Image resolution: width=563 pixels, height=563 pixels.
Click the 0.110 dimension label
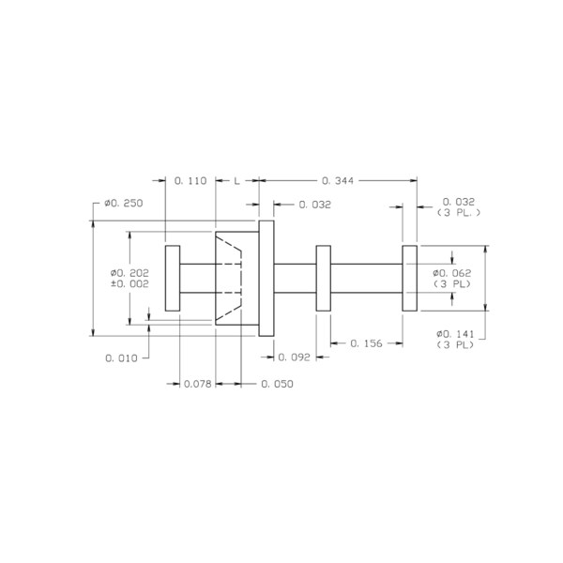[190, 180]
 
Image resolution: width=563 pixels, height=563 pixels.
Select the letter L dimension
[237, 180]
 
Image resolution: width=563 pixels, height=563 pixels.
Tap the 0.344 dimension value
[338, 180]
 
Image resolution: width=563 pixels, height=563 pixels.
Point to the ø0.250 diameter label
[124, 204]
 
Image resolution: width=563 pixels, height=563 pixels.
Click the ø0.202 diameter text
[129, 273]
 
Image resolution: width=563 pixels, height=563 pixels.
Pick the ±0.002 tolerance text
[129, 283]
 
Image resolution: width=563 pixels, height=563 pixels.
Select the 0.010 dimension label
[121, 358]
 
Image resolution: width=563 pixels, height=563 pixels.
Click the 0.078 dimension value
[197, 384]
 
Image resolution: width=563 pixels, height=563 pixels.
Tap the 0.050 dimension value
[277, 384]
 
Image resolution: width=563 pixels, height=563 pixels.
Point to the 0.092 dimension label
[294, 357]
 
